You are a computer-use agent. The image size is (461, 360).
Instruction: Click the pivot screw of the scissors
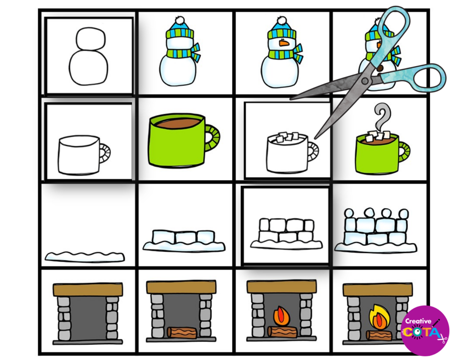(366, 81)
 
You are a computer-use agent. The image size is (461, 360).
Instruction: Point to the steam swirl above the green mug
(382, 118)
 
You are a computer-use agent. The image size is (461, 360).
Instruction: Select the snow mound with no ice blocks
(84, 256)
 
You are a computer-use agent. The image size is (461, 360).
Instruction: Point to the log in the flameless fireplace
(182, 333)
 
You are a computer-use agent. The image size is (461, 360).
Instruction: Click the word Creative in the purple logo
(418, 321)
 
